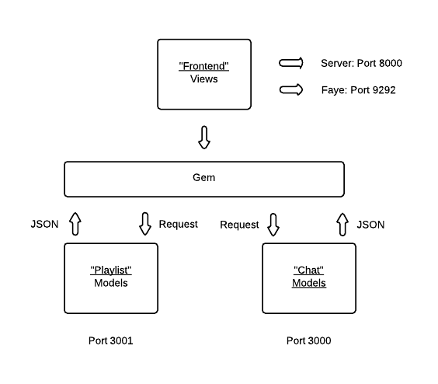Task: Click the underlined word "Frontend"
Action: click(x=204, y=66)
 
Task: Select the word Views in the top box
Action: click(x=204, y=79)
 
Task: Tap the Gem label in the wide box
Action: click(x=204, y=177)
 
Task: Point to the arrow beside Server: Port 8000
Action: click(x=291, y=63)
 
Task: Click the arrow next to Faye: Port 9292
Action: click(x=291, y=89)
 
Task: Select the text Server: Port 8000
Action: click(x=361, y=63)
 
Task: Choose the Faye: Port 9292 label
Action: click(x=358, y=90)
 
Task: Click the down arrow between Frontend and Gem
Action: click(x=204, y=138)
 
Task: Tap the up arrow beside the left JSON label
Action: click(x=75, y=224)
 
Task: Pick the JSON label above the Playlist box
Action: click(x=45, y=224)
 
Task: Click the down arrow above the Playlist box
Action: click(x=145, y=224)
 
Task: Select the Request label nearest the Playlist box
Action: click(x=178, y=224)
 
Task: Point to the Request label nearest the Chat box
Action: click(x=239, y=225)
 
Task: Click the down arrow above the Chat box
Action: click(x=273, y=225)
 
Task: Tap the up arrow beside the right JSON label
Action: click(x=342, y=225)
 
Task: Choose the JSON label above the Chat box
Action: click(x=370, y=225)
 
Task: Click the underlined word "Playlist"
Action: click(x=111, y=271)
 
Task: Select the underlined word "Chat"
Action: click(x=308, y=271)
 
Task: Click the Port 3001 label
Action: click(x=110, y=340)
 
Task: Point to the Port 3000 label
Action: click(x=308, y=340)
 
